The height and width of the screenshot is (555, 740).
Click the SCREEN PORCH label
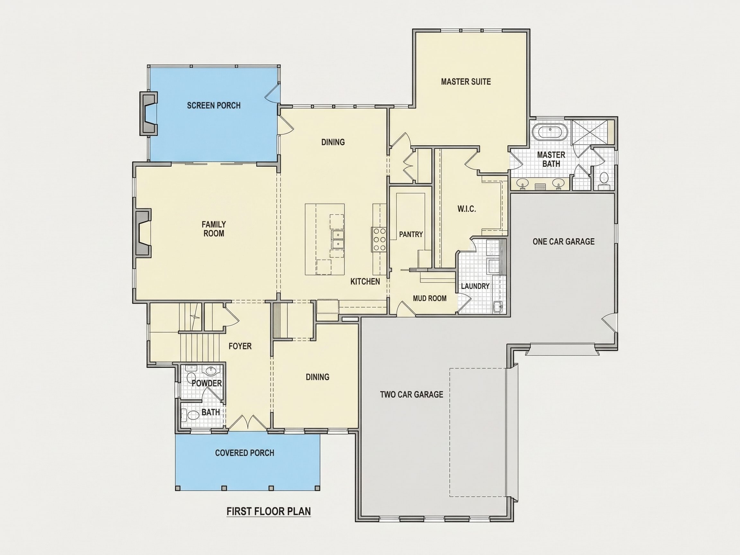[x=214, y=105]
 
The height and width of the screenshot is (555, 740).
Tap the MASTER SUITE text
[x=466, y=82]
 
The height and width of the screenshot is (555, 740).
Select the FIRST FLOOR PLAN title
[x=269, y=511]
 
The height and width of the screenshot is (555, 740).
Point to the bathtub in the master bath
[x=550, y=132]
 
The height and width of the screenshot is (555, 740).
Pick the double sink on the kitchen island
[x=338, y=240]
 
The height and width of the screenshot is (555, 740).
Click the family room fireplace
[x=143, y=233]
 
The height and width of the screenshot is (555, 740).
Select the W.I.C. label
[x=466, y=209]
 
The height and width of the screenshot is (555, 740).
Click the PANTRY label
[x=411, y=234]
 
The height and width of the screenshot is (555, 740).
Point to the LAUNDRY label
[x=475, y=286]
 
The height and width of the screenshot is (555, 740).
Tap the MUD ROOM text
[x=429, y=298]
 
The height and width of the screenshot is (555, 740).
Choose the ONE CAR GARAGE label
[x=563, y=242]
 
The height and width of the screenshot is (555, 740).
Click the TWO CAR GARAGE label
[x=411, y=394]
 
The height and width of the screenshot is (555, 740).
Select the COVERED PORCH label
[x=244, y=453]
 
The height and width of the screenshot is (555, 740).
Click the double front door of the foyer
[x=248, y=423]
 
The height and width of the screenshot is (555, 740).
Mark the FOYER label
[x=240, y=346]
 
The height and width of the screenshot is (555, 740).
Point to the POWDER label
[x=207, y=383]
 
